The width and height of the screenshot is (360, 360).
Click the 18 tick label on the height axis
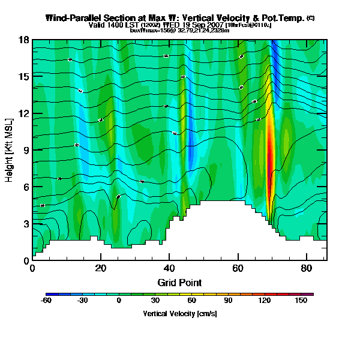pos(24,40)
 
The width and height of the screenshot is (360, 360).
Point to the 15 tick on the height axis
pos(24,77)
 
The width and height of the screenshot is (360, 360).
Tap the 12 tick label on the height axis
pos(24,113)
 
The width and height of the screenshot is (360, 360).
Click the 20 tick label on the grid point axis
pos(101,268)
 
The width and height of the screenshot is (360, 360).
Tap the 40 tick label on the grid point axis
pos(169,268)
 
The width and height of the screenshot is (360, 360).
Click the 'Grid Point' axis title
pos(179,282)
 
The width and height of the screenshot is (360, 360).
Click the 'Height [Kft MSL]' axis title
pos(9,151)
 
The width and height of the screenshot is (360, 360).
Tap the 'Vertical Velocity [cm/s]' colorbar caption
pos(179,314)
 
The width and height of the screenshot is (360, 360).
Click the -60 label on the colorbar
pos(46,301)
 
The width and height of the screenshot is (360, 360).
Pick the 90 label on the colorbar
pos(228,301)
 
